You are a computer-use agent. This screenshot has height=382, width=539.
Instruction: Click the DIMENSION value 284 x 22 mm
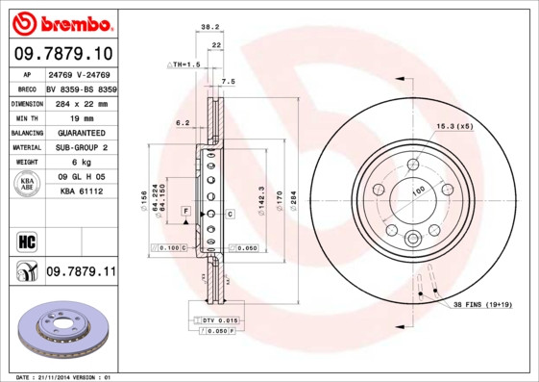point(80,102)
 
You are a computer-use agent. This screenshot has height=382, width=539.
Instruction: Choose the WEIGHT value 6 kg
point(80,163)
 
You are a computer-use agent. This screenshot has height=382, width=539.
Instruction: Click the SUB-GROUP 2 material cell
point(80,147)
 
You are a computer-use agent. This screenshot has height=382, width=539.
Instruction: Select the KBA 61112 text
point(80,191)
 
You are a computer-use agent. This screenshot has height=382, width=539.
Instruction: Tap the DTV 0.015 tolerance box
point(218,319)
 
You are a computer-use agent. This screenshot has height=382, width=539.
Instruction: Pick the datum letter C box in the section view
point(230,213)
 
